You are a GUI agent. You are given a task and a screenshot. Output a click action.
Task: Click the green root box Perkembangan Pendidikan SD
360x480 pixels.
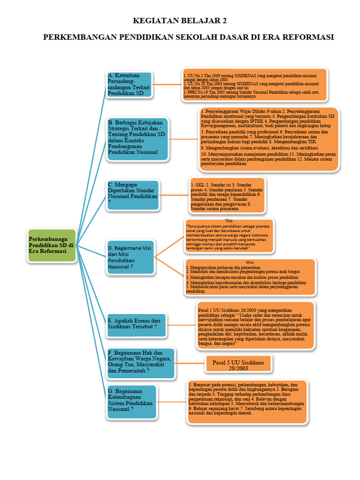(52, 245)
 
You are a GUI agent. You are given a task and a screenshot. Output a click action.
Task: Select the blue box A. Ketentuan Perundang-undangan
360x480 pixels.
(129, 84)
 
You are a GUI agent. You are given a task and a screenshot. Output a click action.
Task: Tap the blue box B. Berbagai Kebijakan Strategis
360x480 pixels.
(137, 139)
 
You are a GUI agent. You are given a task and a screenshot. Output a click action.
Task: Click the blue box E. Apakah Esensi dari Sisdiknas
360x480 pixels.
(136, 322)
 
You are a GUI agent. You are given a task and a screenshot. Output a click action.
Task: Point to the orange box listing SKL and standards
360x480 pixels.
(227, 195)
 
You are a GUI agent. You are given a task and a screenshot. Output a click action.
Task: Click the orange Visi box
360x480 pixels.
(230, 236)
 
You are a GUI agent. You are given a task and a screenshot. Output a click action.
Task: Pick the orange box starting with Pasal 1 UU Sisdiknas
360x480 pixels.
(255, 326)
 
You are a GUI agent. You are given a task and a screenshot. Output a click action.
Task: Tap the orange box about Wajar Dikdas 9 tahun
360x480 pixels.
(268, 139)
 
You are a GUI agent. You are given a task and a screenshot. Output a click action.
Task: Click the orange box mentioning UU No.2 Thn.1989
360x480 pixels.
(254, 84)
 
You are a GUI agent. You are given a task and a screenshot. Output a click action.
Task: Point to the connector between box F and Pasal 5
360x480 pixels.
(190, 362)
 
